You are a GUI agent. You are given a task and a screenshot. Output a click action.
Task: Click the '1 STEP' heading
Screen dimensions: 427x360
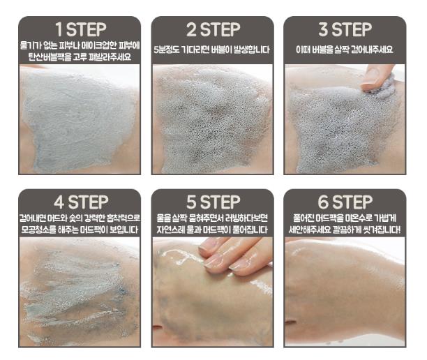[81, 29]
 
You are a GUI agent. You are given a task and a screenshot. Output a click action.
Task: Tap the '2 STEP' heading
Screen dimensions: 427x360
[213, 29]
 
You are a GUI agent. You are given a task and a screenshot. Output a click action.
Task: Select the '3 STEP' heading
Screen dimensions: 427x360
[345, 29]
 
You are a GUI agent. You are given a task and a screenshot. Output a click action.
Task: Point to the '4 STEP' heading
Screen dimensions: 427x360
[81, 202]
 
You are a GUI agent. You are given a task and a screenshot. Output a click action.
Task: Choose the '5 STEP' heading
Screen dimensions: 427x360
[213, 202]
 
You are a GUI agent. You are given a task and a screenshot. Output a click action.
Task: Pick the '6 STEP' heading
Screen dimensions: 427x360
[345, 202]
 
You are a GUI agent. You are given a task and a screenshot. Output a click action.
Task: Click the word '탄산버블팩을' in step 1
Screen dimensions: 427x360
[50, 57]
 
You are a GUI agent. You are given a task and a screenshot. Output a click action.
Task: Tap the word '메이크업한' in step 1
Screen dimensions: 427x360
[99, 45]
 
